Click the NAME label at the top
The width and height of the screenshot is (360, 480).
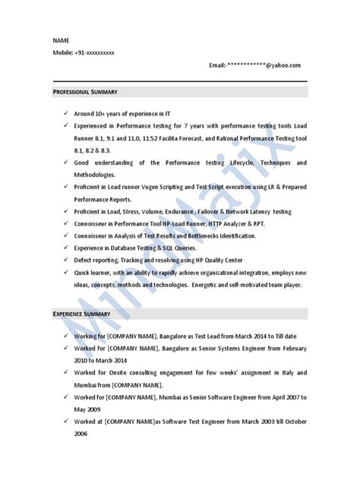[x=60, y=39]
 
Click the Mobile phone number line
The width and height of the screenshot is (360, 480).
[x=84, y=52]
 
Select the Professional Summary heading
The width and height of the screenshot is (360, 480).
[x=85, y=91]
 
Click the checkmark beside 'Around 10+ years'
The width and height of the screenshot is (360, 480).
[x=68, y=112]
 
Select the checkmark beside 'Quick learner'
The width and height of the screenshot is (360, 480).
[x=68, y=273]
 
